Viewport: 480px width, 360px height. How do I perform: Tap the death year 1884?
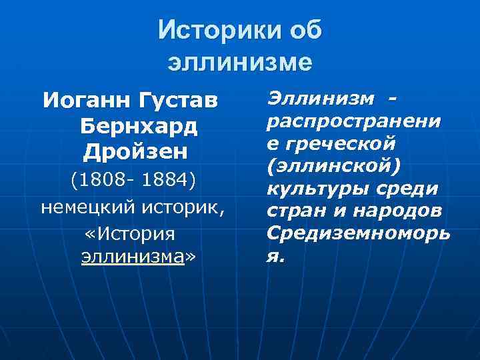169,182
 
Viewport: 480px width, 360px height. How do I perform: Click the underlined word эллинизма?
131,257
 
